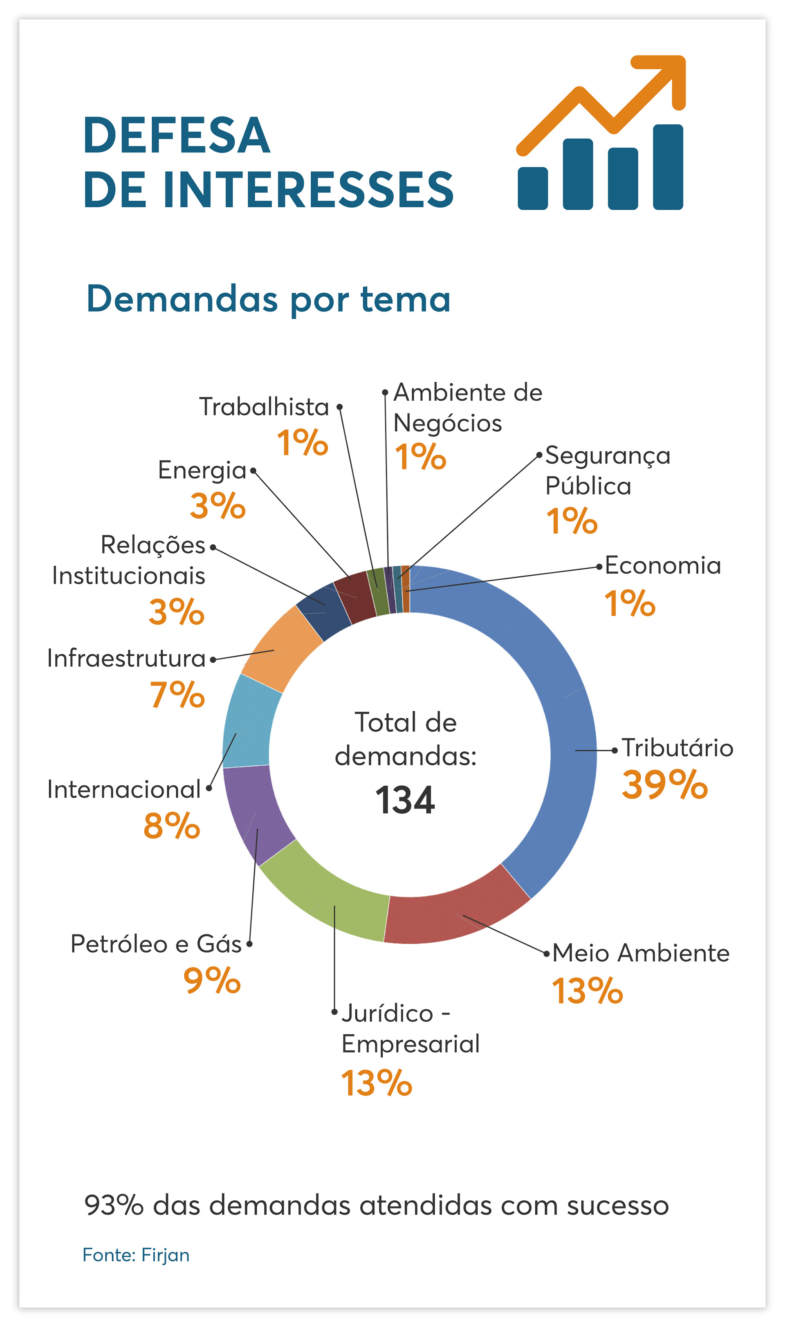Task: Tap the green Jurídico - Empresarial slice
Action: (x=328, y=894)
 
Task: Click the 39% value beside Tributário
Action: (x=664, y=785)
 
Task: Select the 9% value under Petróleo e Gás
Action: (x=212, y=981)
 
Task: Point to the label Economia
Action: (x=663, y=566)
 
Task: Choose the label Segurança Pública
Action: (x=607, y=471)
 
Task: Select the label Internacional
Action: (x=124, y=790)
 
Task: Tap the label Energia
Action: (x=202, y=470)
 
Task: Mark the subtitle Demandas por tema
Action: (x=268, y=299)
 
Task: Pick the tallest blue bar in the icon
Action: (x=668, y=167)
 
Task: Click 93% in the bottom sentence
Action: (x=114, y=1206)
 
